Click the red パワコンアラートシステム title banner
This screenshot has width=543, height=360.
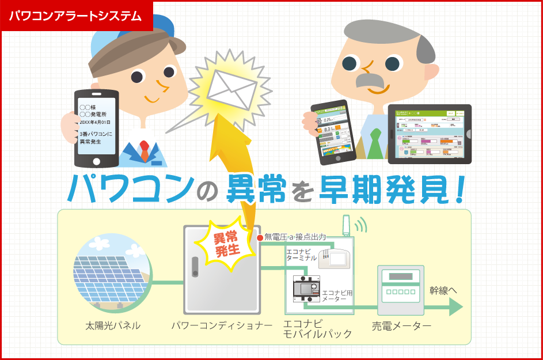(x=76, y=16)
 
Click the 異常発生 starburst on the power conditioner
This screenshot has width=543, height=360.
(x=226, y=245)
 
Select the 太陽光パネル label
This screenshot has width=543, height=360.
(x=112, y=326)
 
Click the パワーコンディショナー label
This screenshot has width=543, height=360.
(x=222, y=326)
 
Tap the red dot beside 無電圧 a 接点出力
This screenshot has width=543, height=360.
(x=260, y=237)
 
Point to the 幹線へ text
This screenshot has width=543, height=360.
(x=443, y=291)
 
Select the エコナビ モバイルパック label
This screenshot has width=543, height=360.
(x=311, y=328)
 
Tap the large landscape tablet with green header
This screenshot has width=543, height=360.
(x=429, y=134)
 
